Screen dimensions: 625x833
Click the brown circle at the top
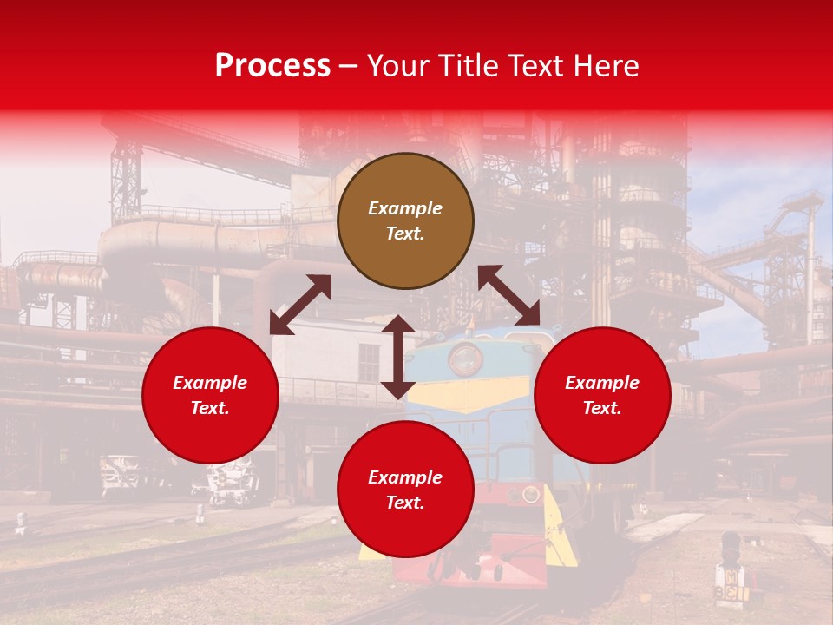point(405,220)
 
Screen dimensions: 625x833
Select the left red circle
point(210,396)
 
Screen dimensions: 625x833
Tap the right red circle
point(602,396)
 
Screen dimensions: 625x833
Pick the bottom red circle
point(405,490)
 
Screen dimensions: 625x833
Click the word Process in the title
point(272,66)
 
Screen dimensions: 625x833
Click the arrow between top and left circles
point(300,305)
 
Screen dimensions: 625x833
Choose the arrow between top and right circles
point(508,295)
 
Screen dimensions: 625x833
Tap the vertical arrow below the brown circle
point(398,357)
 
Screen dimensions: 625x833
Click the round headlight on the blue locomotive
point(465,357)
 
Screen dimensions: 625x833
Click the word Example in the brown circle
point(405,208)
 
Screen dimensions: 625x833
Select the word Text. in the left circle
point(210,408)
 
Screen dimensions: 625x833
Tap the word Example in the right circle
point(602,383)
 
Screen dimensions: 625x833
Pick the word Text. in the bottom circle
point(405,503)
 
